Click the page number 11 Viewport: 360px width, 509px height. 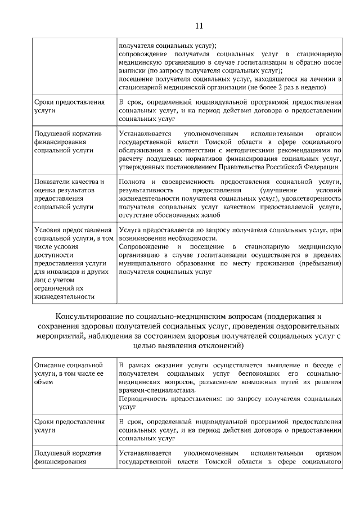point(199,25)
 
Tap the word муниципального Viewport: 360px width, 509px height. point(146,263)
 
